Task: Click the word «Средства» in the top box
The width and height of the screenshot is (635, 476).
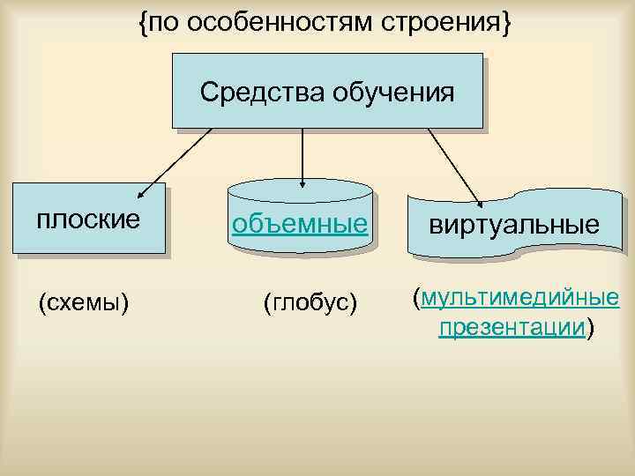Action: pos(250,92)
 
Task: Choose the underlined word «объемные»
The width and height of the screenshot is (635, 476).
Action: pos(299,224)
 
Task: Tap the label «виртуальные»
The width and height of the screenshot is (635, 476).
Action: pos(514,226)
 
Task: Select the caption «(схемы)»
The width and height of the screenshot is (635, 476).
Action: pos(85,304)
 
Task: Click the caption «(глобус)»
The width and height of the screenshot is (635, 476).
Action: pos(310,304)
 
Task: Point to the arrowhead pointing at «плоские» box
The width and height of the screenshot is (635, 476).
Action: pos(139,196)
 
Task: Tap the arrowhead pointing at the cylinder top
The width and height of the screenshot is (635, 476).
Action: pos(303,184)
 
